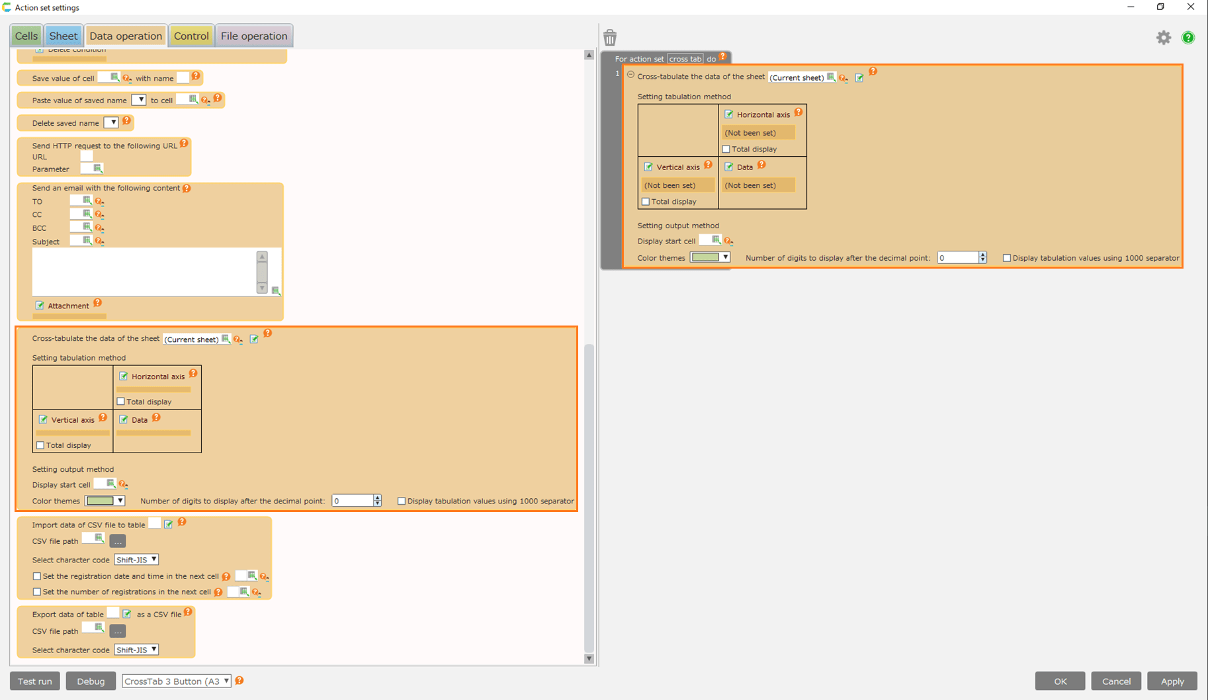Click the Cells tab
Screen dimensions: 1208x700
26,36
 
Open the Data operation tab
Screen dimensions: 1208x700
126,36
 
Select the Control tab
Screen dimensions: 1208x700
191,36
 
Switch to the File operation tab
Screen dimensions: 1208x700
254,36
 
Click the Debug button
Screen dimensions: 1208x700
91,681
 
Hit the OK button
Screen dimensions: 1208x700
1060,681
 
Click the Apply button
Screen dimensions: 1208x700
1172,681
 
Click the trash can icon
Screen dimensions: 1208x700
610,37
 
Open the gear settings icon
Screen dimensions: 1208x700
1164,38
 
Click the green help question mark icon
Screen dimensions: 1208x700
1188,38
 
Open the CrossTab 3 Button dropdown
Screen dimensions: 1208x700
177,681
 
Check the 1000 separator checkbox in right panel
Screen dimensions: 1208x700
1007,258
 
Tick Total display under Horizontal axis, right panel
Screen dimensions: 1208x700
726,149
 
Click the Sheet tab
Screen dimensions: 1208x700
64,36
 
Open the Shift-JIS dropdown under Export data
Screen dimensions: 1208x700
136,650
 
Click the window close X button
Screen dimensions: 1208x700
1191,7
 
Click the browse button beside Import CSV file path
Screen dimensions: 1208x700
118,541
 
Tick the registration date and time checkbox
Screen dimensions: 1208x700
37,576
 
